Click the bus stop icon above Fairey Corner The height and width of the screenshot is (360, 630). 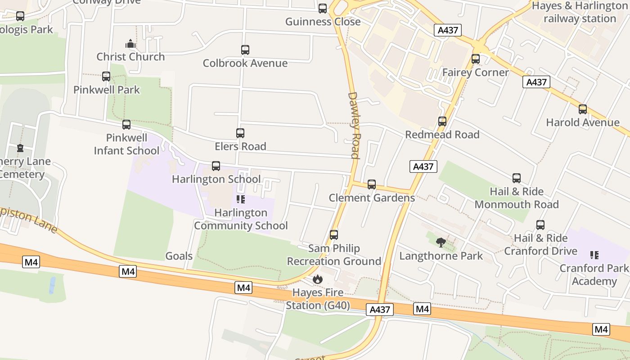pyautogui.click(x=476, y=59)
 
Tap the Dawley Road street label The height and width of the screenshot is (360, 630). pyautogui.click(x=354, y=126)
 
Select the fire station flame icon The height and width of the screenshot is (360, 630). pyautogui.click(x=318, y=279)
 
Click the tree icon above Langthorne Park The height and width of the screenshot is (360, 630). pyautogui.click(x=441, y=243)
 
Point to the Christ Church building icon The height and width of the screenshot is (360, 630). pyautogui.click(x=130, y=44)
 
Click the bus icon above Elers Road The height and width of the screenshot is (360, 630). pyautogui.click(x=240, y=133)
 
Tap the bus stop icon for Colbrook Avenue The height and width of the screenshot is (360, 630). pyautogui.click(x=245, y=50)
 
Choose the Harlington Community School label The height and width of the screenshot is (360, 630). pyautogui.click(x=241, y=219)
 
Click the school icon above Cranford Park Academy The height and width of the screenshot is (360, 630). pyautogui.click(x=594, y=255)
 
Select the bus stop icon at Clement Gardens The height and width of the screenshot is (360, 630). pyautogui.click(x=372, y=184)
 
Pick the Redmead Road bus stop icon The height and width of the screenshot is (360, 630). pyautogui.click(x=442, y=121)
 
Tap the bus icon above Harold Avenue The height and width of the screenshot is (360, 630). pyautogui.click(x=583, y=109)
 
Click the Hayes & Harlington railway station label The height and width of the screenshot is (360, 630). pyautogui.click(x=580, y=12)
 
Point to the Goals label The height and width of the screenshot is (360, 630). pyautogui.click(x=179, y=256)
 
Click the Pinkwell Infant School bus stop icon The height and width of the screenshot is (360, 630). pyautogui.click(x=126, y=125)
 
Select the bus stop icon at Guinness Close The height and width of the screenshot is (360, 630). pyautogui.click(x=323, y=9)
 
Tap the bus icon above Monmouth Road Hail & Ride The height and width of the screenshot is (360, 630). pyautogui.click(x=517, y=179)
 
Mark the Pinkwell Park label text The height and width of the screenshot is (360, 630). pyautogui.click(x=107, y=90)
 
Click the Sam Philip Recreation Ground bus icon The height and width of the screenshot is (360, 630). pyautogui.click(x=334, y=235)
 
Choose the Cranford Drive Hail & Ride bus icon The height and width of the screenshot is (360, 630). pyautogui.click(x=540, y=225)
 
